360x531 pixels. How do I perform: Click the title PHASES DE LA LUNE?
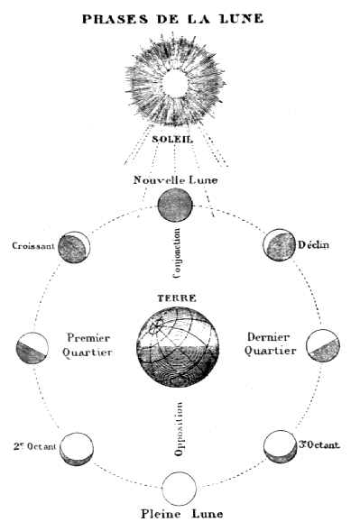point(179,17)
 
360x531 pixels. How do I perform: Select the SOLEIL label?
point(177,139)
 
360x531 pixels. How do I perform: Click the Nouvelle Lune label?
point(177,180)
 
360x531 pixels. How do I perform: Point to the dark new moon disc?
point(175,206)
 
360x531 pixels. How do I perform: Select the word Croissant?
point(32,245)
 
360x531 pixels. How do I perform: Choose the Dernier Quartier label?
point(268,344)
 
